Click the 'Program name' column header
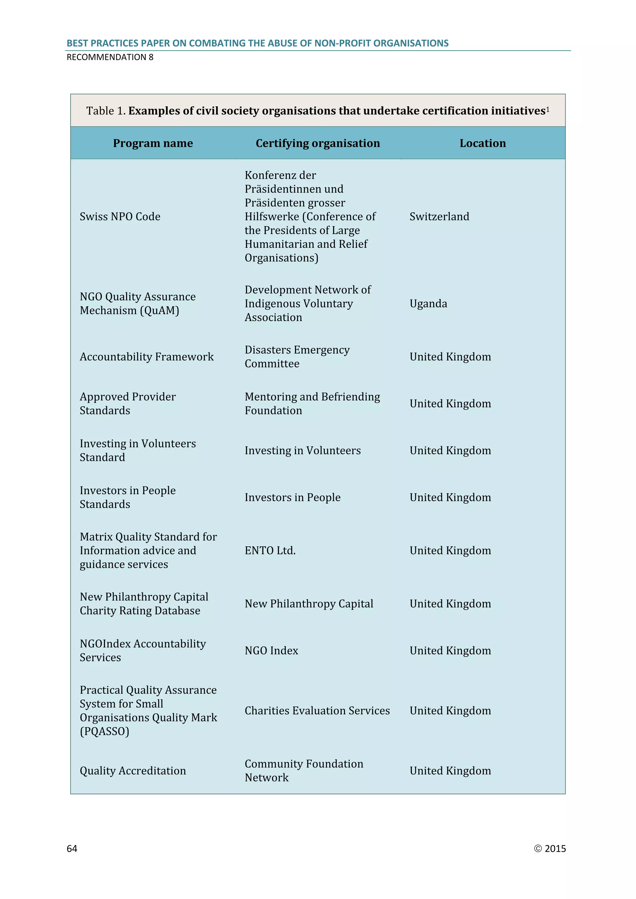click(153, 143)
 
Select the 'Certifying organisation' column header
click(318, 143)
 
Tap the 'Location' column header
click(483, 143)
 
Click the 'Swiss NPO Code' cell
click(120, 217)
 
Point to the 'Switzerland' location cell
click(439, 217)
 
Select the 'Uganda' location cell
click(428, 304)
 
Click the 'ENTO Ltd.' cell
click(270, 550)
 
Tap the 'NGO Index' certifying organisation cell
click(271, 650)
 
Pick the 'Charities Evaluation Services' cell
click(317, 711)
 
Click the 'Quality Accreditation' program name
click(133, 770)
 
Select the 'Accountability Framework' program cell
click(147, 357)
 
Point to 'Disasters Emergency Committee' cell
click(297, 357)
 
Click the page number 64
click(72, 848)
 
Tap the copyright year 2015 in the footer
click(555, 848)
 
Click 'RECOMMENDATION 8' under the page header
click(110, 57)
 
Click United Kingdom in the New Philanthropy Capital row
click(450, 604)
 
